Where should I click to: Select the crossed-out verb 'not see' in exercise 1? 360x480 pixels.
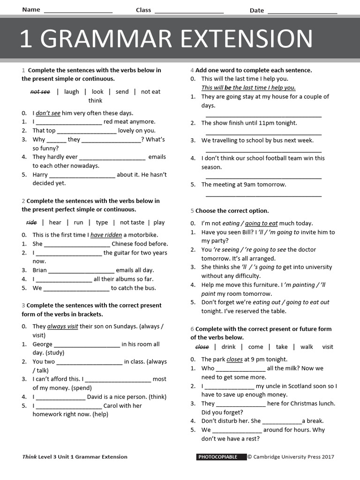40,92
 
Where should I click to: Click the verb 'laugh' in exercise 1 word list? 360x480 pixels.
72,92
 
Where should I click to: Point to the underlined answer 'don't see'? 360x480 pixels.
48,113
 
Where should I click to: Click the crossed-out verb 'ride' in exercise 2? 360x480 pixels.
31,223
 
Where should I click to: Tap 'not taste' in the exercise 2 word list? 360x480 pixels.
132,223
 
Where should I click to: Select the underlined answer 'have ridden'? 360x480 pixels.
106,235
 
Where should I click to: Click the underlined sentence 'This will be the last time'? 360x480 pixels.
248,88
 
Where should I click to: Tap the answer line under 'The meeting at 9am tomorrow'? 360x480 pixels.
263,195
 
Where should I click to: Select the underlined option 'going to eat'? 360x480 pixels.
261,224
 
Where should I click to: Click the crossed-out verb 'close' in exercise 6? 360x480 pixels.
202,347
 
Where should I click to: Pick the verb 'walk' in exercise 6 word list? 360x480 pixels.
307,347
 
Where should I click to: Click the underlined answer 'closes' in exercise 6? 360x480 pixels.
234,360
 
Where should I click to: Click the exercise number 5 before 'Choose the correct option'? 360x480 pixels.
192,211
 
